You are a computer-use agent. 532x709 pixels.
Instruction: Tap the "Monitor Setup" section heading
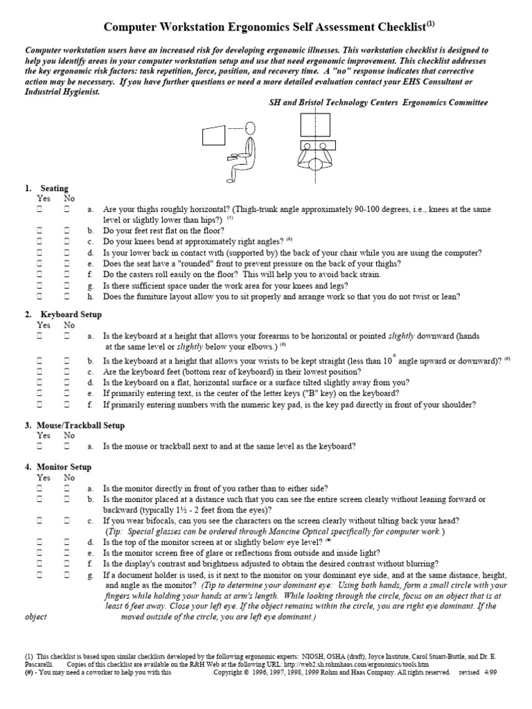[66, 467]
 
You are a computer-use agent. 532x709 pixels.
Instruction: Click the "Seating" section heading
[54, 188]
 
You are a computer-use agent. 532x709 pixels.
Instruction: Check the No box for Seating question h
[68, 297]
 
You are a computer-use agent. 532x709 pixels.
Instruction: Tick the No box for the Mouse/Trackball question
[68, 447]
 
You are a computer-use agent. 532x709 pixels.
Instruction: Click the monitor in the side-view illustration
[214, 135]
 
